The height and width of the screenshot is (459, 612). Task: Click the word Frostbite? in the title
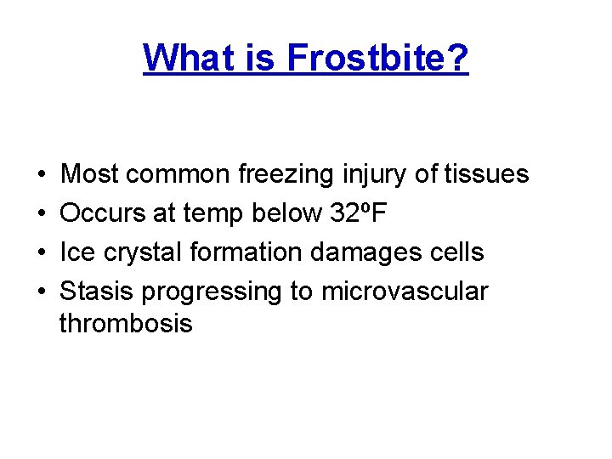click(377, 58)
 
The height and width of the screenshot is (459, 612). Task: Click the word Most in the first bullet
click(90, 175)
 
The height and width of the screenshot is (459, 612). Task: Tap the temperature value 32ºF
click(357, 214)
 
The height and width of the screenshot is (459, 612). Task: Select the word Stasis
click(97, 292)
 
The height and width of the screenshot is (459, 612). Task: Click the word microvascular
click(405, 292)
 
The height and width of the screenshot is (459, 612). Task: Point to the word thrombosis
click(126, 323)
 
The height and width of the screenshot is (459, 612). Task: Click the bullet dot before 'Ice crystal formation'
click(42, 253)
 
